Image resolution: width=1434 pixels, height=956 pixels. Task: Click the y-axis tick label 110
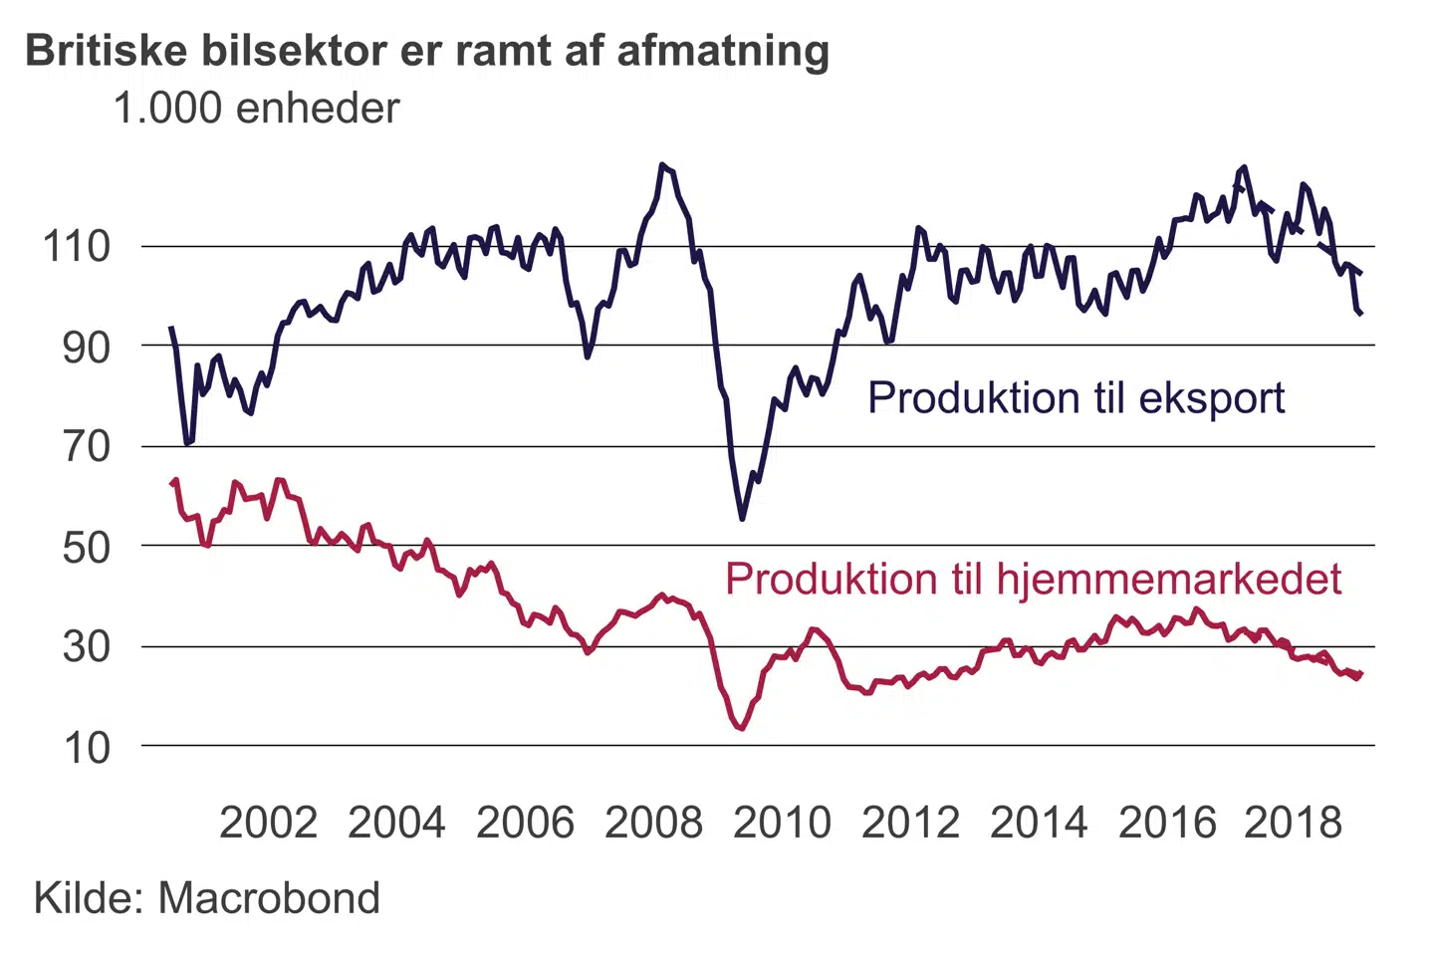pyautogui.click(x=76, y=246)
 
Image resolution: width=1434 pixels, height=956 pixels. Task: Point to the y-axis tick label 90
pyautogui.click(x=86, y=347)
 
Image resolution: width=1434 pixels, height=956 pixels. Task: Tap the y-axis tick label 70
pyautogui.click(x=86, y=446)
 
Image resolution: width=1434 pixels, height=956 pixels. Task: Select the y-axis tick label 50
pyautogui.click(x=86, y=547)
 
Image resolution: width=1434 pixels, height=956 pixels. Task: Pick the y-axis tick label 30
pyautogui.click(x=86, y=646)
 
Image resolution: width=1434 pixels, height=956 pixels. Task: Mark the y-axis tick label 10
pyautogui.click(x=86, y=747)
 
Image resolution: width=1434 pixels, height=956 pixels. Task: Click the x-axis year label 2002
pyautogui.click(x=268, y=823)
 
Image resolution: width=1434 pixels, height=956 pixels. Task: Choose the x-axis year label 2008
pyautogui.click(x=653, y=823)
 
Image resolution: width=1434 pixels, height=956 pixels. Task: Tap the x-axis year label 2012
pyautogui.click(x=910, y=823)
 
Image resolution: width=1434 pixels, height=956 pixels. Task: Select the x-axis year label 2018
pyautogui.click(x=1294, y=823)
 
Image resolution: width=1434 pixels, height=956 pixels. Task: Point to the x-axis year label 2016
pyautogui.click(x=1167, y=823)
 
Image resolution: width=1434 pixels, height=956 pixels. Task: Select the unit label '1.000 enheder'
pyautogui.click(x=256, y=109)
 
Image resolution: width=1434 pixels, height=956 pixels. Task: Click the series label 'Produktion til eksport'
pyautogui.click(x=1075, y=397)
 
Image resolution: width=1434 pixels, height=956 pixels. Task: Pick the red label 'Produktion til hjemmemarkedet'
pyautogui.click(x=1033, y=579)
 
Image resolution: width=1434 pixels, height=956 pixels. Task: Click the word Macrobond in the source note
pyautogui.click(x=269, y=898)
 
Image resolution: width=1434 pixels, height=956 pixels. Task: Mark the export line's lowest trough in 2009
pyautogui.click(x=742, y=518)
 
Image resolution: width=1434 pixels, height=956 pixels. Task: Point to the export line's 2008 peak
pyautogui.click(x=663, y=165)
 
